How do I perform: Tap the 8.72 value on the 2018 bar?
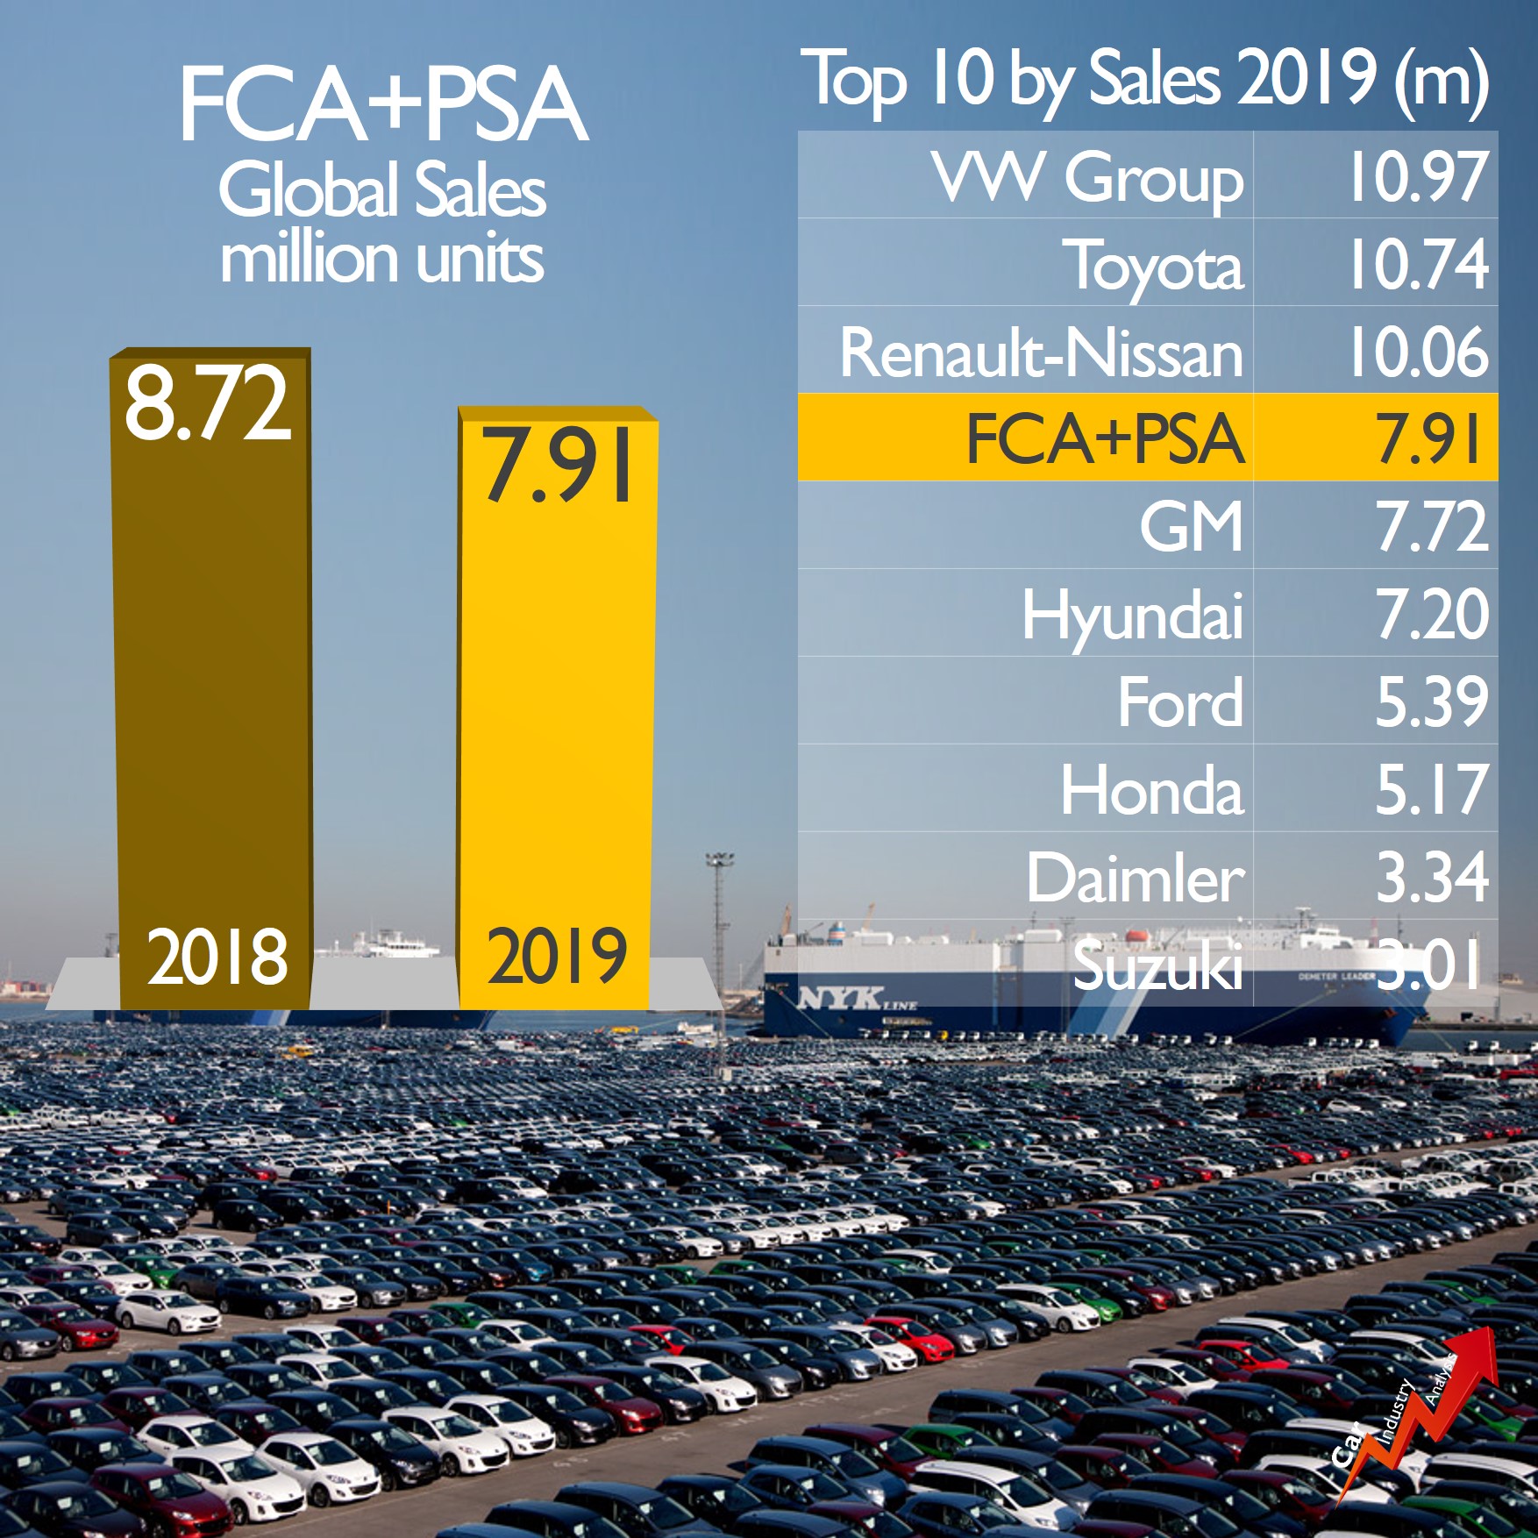click(x=207, y=404)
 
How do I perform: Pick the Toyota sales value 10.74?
click(x=1417, y=264)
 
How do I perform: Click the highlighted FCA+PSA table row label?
click(x=1105, y=438)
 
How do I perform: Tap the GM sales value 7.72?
click(x=1431, y=526)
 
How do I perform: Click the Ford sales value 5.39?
click(x=1431, y=702)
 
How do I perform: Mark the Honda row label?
click(x=1151, y=790)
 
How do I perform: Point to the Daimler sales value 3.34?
click(x=1431, y=877)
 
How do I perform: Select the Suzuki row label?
click(x=1157, y=965)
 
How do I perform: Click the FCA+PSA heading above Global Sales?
click(x=383, y=105)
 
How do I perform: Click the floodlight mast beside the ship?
click(x=719, y=929)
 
